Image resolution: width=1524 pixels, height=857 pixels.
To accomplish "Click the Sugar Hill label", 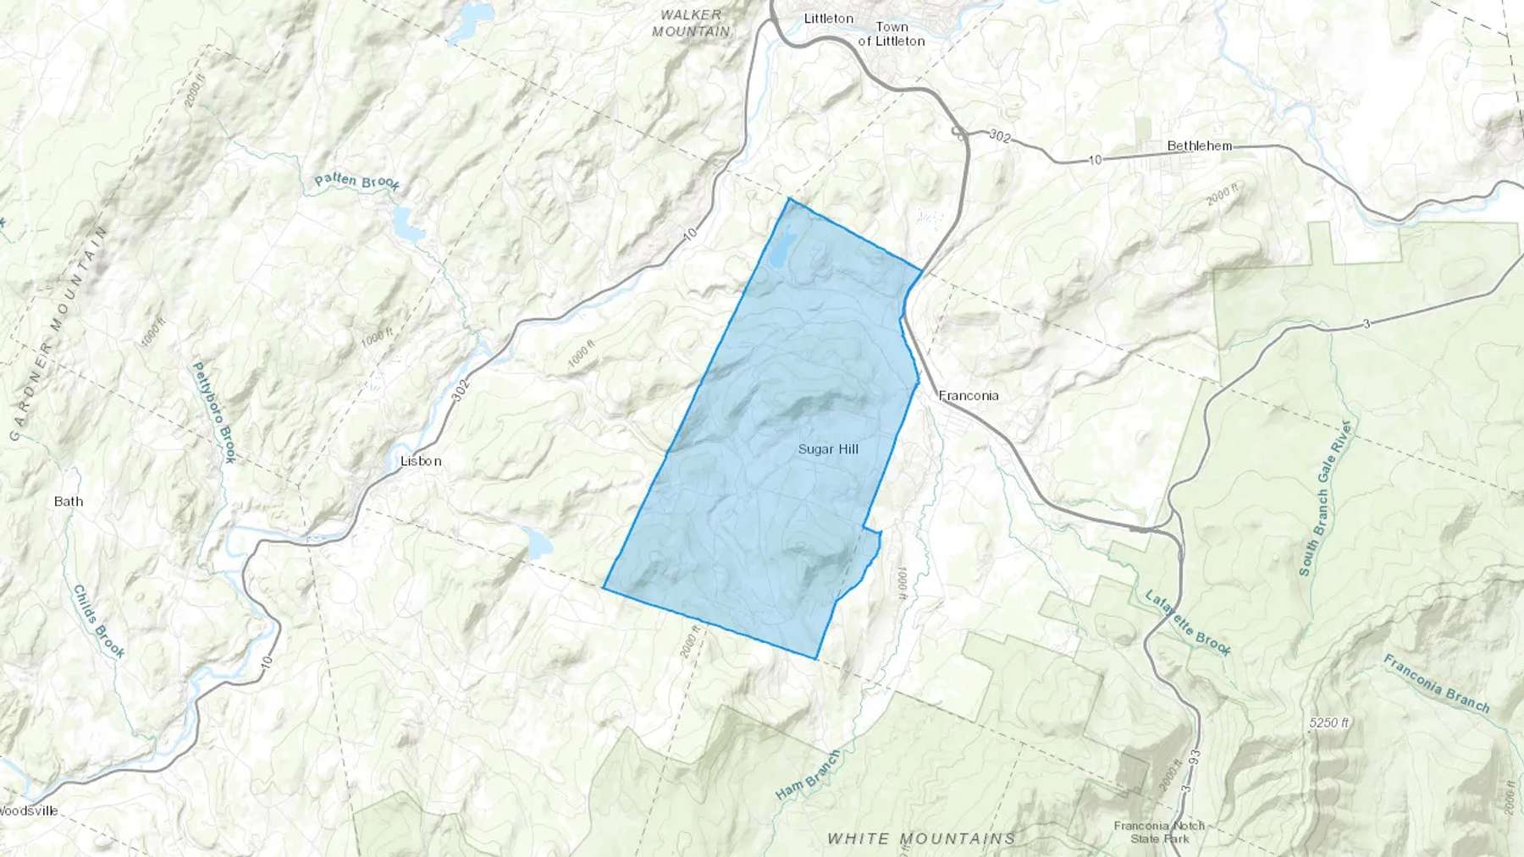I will [828, 449].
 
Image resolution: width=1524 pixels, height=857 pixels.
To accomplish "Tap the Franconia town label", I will [969, 395].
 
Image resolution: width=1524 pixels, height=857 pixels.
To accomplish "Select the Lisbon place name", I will [421, 461].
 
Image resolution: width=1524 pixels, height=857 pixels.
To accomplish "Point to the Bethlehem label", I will [1199, 146].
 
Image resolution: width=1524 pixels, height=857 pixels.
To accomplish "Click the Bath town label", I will [69, 501].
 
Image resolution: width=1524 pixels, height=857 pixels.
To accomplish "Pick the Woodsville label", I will [29, 810].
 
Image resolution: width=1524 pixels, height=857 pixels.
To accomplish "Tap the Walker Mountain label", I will [691, 23].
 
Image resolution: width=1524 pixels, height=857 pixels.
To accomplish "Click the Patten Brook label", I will [356, 181].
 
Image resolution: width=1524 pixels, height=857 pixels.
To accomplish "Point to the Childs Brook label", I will [99, 621].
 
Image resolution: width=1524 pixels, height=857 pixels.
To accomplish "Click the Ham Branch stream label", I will [808, 775].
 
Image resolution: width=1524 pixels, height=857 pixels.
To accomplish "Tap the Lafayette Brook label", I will [1188, 623].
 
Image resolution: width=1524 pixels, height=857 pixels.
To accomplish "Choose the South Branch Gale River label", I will [1325, 498].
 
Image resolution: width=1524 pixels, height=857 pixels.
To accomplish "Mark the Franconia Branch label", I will [1437, 683].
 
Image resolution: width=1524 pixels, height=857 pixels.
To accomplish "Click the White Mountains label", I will [920, 838].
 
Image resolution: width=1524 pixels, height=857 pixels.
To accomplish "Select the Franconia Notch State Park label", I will [1159, 832].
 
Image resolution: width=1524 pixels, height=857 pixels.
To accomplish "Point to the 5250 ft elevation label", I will [1328, 722].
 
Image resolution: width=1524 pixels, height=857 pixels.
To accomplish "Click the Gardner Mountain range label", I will [58, 333].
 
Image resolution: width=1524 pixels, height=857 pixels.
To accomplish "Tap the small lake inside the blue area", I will [781, 249].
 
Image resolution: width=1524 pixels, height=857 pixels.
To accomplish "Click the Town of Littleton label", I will [891, 34].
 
